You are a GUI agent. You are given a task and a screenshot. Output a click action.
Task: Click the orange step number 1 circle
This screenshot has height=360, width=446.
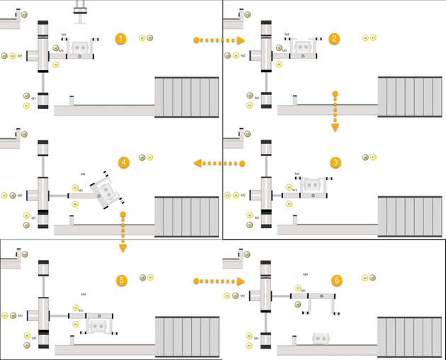(122, 38)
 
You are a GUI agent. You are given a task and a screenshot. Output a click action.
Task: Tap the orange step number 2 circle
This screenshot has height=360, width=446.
(335, 38)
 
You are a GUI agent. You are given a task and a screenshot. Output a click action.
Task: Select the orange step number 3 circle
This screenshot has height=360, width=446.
(335, 162)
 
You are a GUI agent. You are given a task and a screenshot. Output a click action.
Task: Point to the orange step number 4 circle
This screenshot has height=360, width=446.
(124, 162)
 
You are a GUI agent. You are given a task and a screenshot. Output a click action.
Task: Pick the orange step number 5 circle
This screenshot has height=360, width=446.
(122, 281)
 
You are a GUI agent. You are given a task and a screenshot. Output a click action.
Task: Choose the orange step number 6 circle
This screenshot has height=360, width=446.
(336, 281)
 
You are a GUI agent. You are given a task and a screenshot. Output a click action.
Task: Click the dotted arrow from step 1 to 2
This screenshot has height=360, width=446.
(219, 41)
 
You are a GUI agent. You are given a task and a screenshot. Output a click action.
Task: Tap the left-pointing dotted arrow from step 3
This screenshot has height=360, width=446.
(219, 164)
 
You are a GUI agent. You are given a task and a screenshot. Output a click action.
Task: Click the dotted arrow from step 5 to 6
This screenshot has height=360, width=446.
(219, 281)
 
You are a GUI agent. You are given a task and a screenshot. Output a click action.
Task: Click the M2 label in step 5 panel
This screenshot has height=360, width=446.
(20, 315)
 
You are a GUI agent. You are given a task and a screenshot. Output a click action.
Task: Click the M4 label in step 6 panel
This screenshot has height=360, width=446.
(305, 274)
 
